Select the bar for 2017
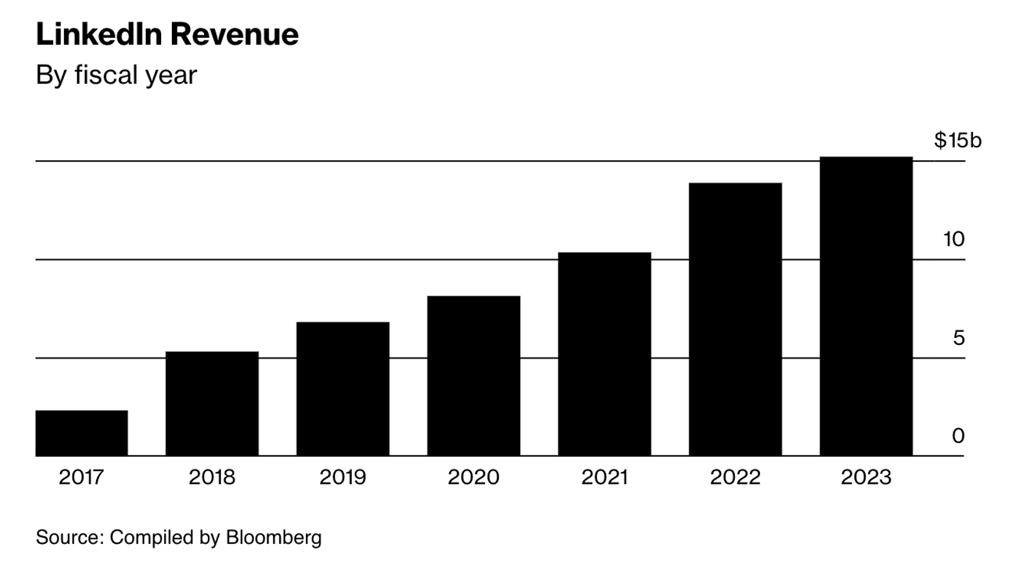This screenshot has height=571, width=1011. (x=82, y=433)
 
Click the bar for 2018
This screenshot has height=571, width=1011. (x=212, y=404)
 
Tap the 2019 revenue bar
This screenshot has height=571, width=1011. (x=342, y=389)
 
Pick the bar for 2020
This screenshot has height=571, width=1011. (x=473, y=376)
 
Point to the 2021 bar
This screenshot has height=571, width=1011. (x=604, y=354)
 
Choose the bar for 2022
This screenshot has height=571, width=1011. (x=735, y=320)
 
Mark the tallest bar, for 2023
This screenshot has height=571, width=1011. (x=866, y=306)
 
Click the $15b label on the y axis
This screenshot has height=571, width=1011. (x=957, y=140)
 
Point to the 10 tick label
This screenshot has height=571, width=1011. (x=953, y=239)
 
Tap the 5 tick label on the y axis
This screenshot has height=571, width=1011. (x=959, y=339)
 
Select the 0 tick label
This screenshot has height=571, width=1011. (x=958, y=436)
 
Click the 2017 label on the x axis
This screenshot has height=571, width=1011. (x=82, y=477)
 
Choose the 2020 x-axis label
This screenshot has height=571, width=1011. (x=473, y=477)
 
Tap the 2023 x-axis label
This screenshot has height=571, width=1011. (x=866, y=477)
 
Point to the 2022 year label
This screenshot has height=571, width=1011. (x=735, y=477)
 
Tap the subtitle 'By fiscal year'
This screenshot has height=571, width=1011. (x=116, y=75)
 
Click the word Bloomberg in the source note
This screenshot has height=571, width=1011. (x=274, y=538)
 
